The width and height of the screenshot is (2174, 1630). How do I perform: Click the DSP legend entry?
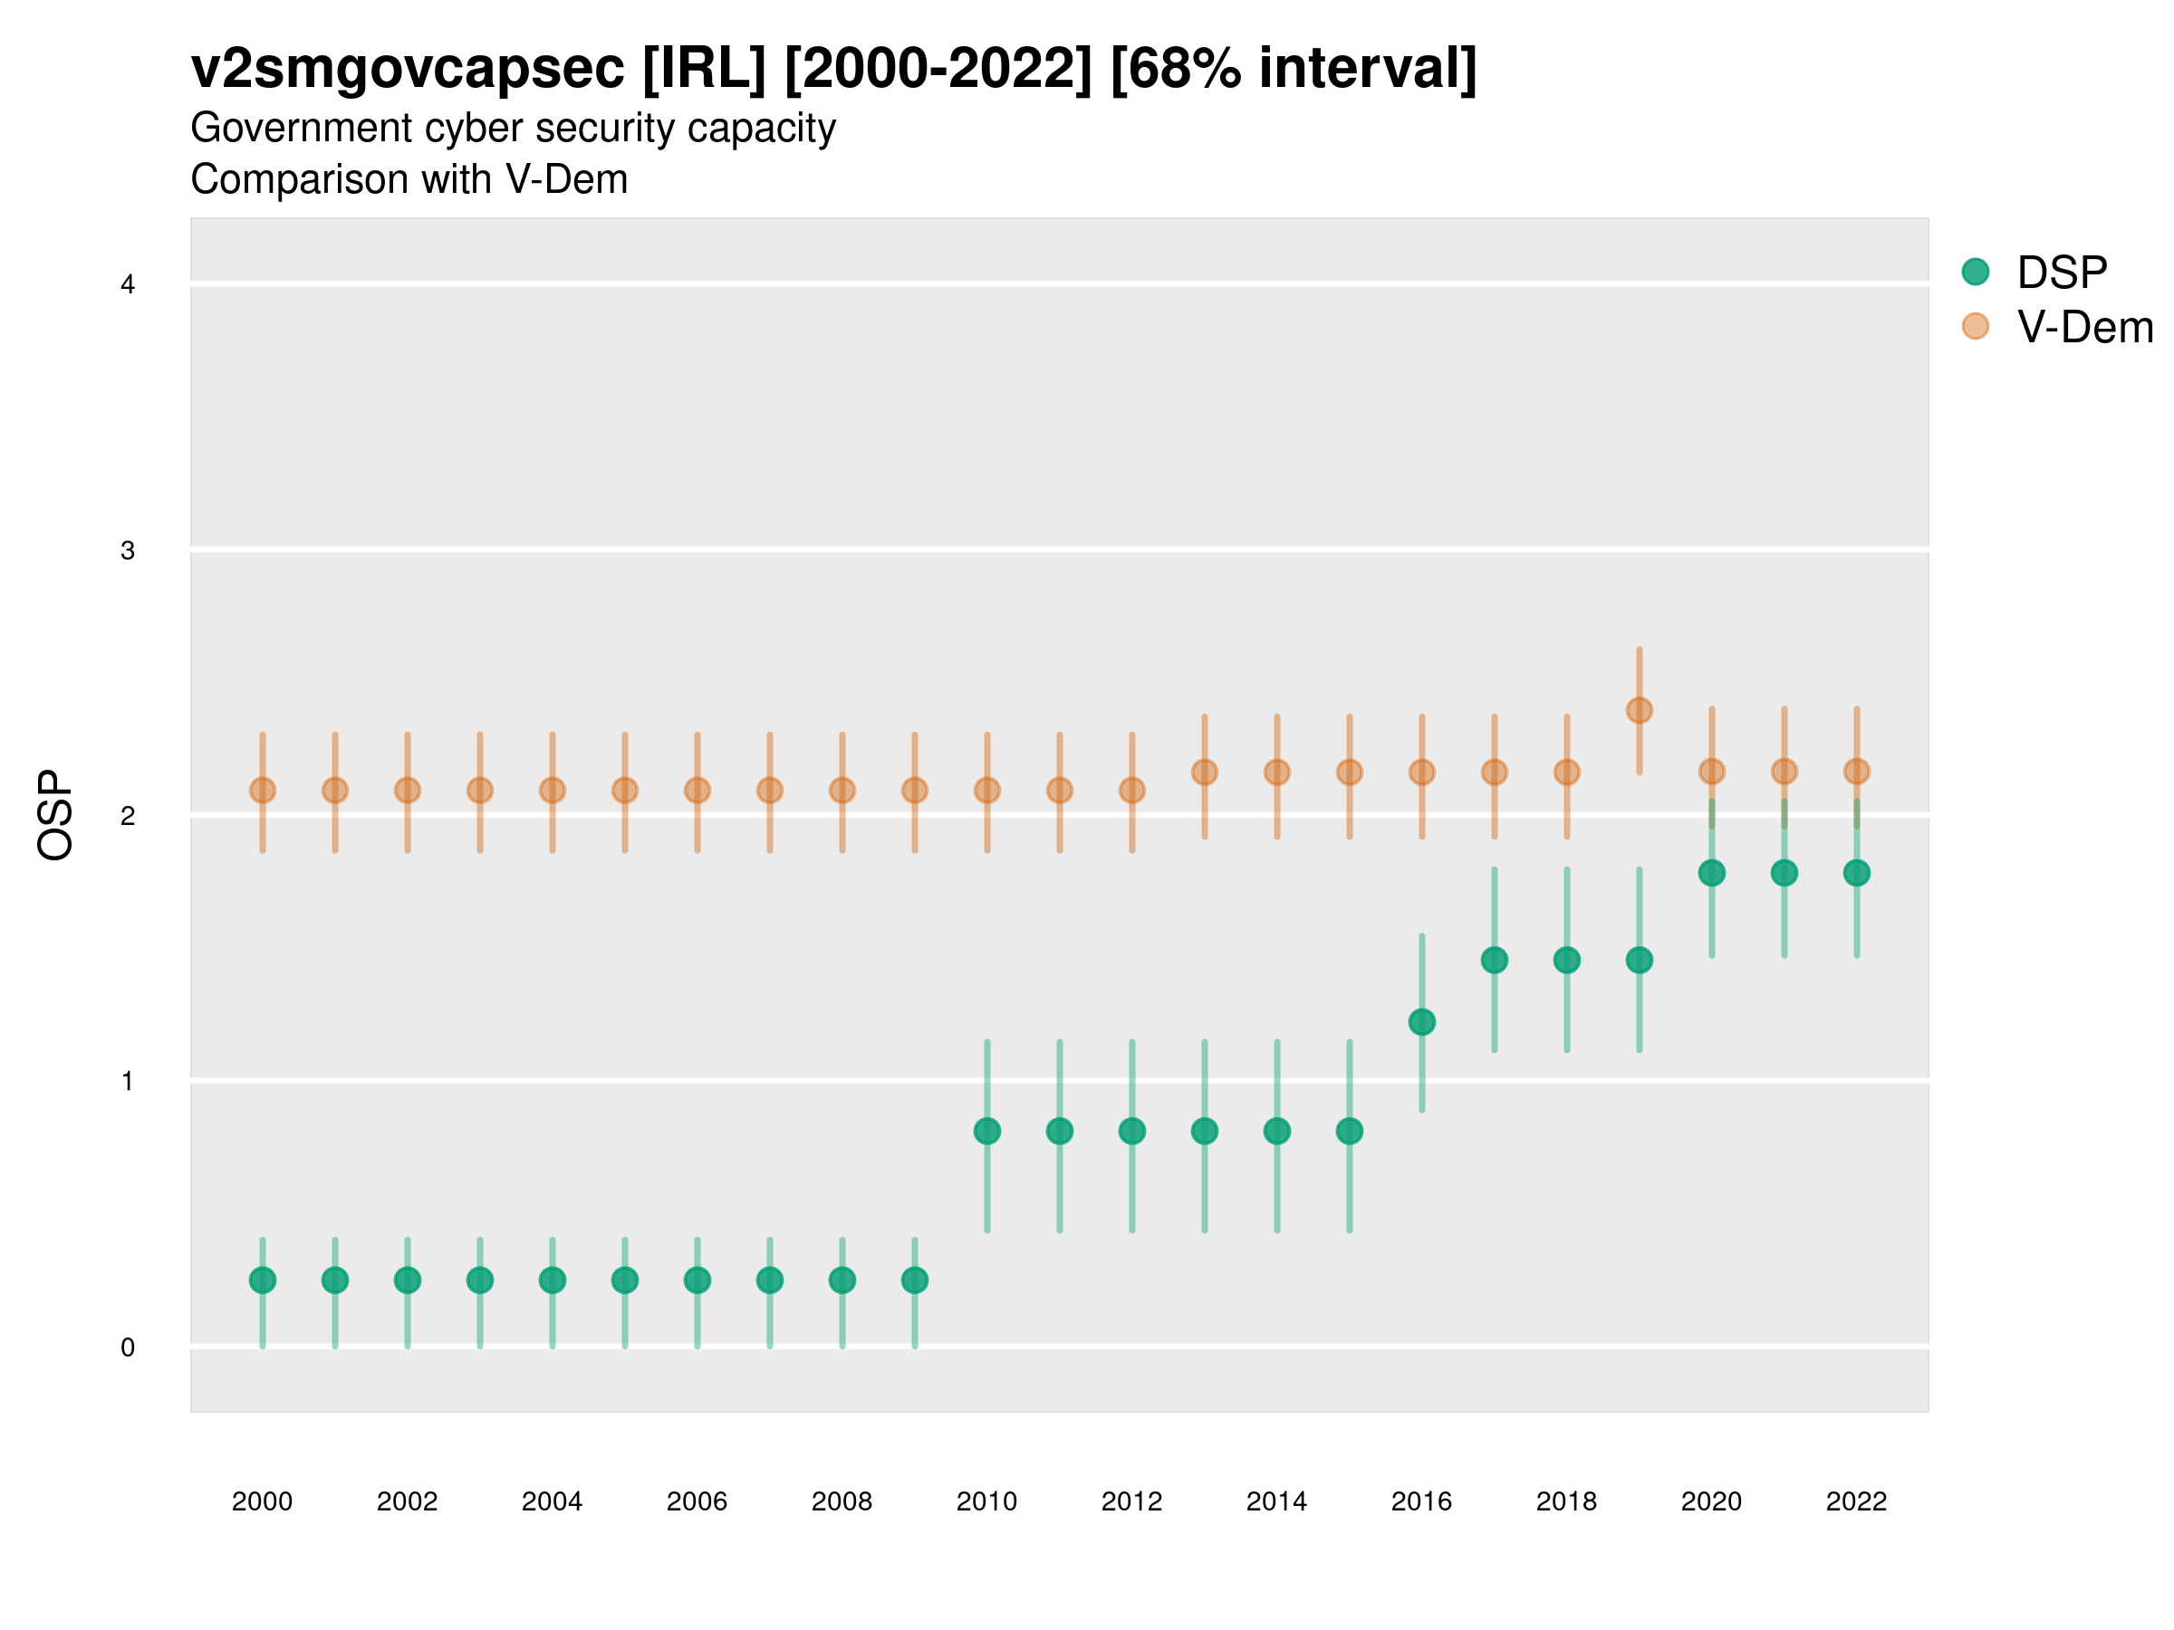(2061, 273)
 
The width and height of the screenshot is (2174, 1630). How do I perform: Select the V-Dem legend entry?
(2083, 327)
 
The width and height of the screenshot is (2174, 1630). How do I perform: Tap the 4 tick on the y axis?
(128, 285)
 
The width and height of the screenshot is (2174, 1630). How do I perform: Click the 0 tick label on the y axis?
(128, 1347)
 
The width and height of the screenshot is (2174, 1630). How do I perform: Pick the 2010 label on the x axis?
(986, 1501)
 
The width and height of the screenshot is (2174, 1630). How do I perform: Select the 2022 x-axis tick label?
(1855, 1501)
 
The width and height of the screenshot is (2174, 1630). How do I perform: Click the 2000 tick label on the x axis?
(263, 1501)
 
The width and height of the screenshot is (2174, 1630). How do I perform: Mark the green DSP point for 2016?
(1422, 1021)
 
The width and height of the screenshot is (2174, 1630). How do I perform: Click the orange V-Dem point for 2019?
(1640, 710)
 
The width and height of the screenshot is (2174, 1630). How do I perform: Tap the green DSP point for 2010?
(986, 1131)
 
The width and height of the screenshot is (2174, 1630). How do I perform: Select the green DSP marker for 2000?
(263, 1280)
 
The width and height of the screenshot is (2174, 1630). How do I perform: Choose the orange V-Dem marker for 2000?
(263, 790)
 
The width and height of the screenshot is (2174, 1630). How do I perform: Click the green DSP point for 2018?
(1566, 960)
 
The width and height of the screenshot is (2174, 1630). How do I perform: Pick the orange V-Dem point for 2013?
(1205, 772)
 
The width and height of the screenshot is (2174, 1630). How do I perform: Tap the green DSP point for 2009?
(915, 1280)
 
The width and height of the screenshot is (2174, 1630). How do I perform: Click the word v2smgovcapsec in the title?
(407, 69)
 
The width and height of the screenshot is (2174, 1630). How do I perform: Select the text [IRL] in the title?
(704, 69)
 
